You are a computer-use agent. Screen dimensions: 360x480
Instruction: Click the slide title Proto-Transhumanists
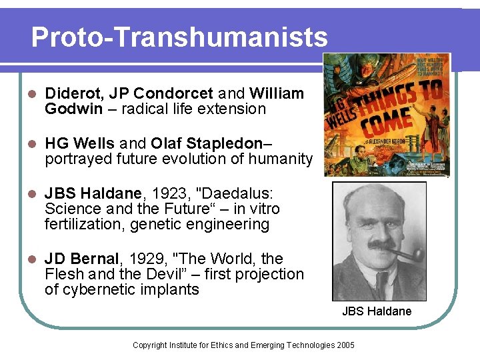[x=179, y=37]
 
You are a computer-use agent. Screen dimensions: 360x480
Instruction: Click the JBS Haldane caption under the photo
[x=377, y=311]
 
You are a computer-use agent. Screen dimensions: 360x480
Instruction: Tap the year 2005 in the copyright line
[x=345, y=345]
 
